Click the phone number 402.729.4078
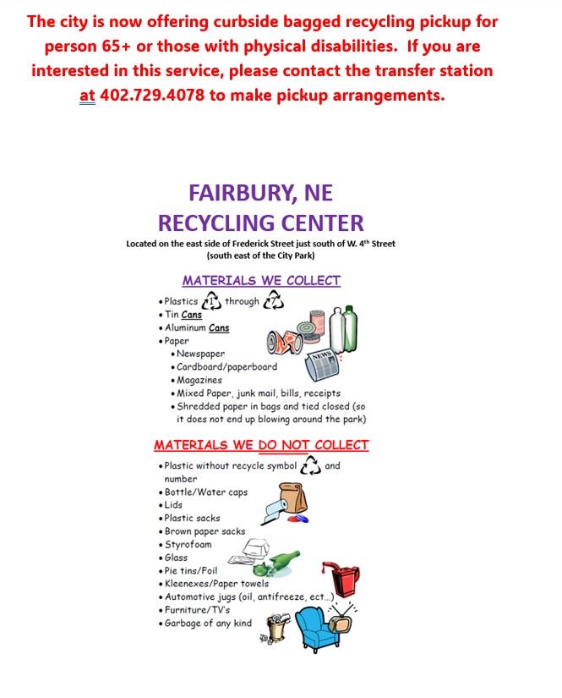(x=152, y=95)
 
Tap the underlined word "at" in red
(x=87, y=96)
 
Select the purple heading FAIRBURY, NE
(x=260, y=192)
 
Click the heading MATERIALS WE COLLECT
(x=261, y=280)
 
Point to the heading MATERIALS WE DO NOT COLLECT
(x=261, y=445)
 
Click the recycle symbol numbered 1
(x=211, y=301)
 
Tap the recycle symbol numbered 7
(x=274, y=301)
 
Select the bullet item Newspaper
(x=200, y=354)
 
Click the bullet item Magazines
(x=199, y=380)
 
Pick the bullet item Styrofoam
(x=188, y=544)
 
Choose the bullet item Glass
(x=176, y=558)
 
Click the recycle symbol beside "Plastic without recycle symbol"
(x=311, y=465)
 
